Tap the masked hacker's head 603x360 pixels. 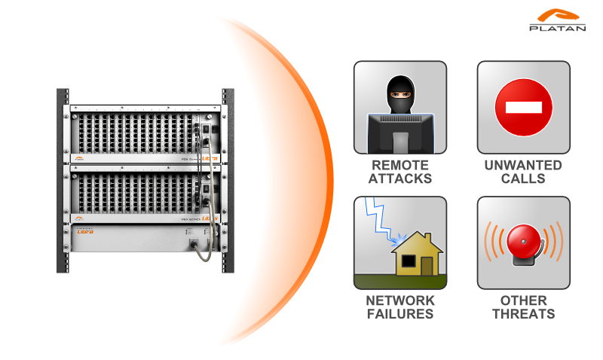[x=400, y=93]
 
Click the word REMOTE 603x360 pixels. [x=399, y=165]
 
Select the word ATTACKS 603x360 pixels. [x=399, y=178]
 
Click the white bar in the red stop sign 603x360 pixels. [x=523, y=108]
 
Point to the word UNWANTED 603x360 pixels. [x=523, y=165]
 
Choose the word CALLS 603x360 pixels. [x=523, y=178]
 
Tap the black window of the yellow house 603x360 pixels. [x=408, y=261]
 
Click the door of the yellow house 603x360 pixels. [x=427, y=265]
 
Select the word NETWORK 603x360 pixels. [x=399, y=301]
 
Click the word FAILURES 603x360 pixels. [x=399, y=314]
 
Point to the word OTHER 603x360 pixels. [x=523, y=301]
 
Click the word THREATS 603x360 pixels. [x=523, y=314]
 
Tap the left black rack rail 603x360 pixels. [x=63, y=181]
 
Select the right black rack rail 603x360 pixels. [x=228, y=181]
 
